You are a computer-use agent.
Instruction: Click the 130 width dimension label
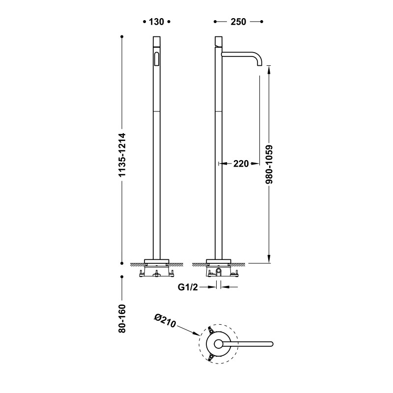[156, 22]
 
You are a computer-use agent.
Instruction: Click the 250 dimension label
[238, 22]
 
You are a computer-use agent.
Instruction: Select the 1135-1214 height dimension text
[122, 155]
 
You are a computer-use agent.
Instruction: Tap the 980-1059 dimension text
[269, 165]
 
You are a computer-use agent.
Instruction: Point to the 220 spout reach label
[241, 164]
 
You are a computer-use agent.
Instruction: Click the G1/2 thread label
[188, 287]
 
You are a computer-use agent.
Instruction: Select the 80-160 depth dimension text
[122, 318]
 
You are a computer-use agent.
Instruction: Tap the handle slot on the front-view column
[157, 59]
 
